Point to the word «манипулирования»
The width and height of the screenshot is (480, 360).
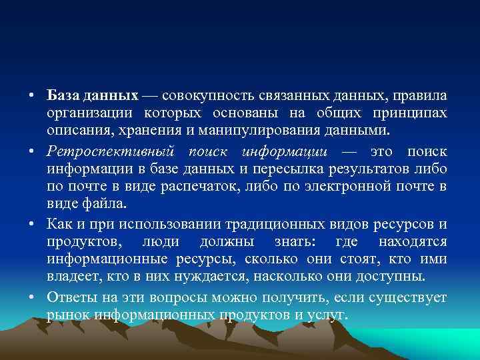click(x=251, y=128)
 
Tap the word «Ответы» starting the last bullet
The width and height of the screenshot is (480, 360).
click(x=69, y=297)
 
